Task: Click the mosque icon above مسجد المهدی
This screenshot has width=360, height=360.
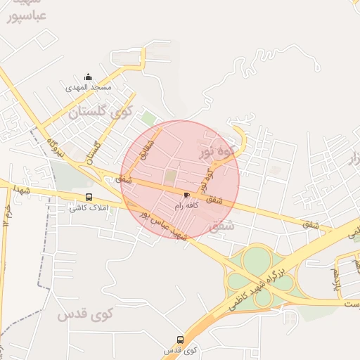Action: pos(88,77)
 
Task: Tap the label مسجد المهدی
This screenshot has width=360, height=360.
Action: pos(89,88)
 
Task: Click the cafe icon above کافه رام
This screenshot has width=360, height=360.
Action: pos(186,195)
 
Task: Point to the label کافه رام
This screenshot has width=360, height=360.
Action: pos(187,205)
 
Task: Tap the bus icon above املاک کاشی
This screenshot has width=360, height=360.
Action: pos(89,198)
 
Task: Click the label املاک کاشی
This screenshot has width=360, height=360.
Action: pos(87,208)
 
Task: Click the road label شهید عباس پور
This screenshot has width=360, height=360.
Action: pos(162,224)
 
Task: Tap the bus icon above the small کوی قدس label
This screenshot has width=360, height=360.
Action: pos(181,340)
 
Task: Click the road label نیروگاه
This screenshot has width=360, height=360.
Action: pos(56,147)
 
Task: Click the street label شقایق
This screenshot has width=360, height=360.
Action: pos(143,150)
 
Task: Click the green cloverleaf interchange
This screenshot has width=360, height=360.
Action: pos(257,278)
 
